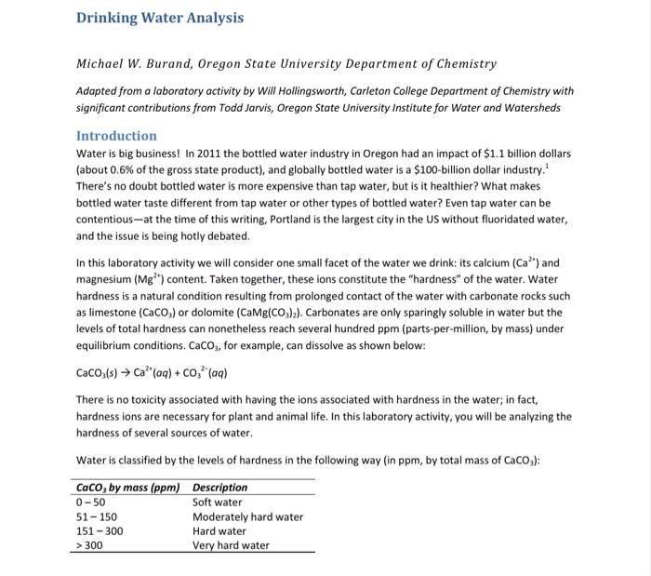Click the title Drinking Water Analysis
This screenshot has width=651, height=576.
point(160,18)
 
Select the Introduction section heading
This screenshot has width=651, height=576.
point(116,136)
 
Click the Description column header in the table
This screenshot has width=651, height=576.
point(219,488)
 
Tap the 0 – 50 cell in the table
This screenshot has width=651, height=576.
point(91,502)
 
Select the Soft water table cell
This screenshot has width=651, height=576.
point(218,502)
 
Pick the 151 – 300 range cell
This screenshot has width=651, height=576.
point(99,531)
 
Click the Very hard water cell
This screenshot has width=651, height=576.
point(231,546)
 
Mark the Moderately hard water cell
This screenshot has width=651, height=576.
point(247,517)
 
